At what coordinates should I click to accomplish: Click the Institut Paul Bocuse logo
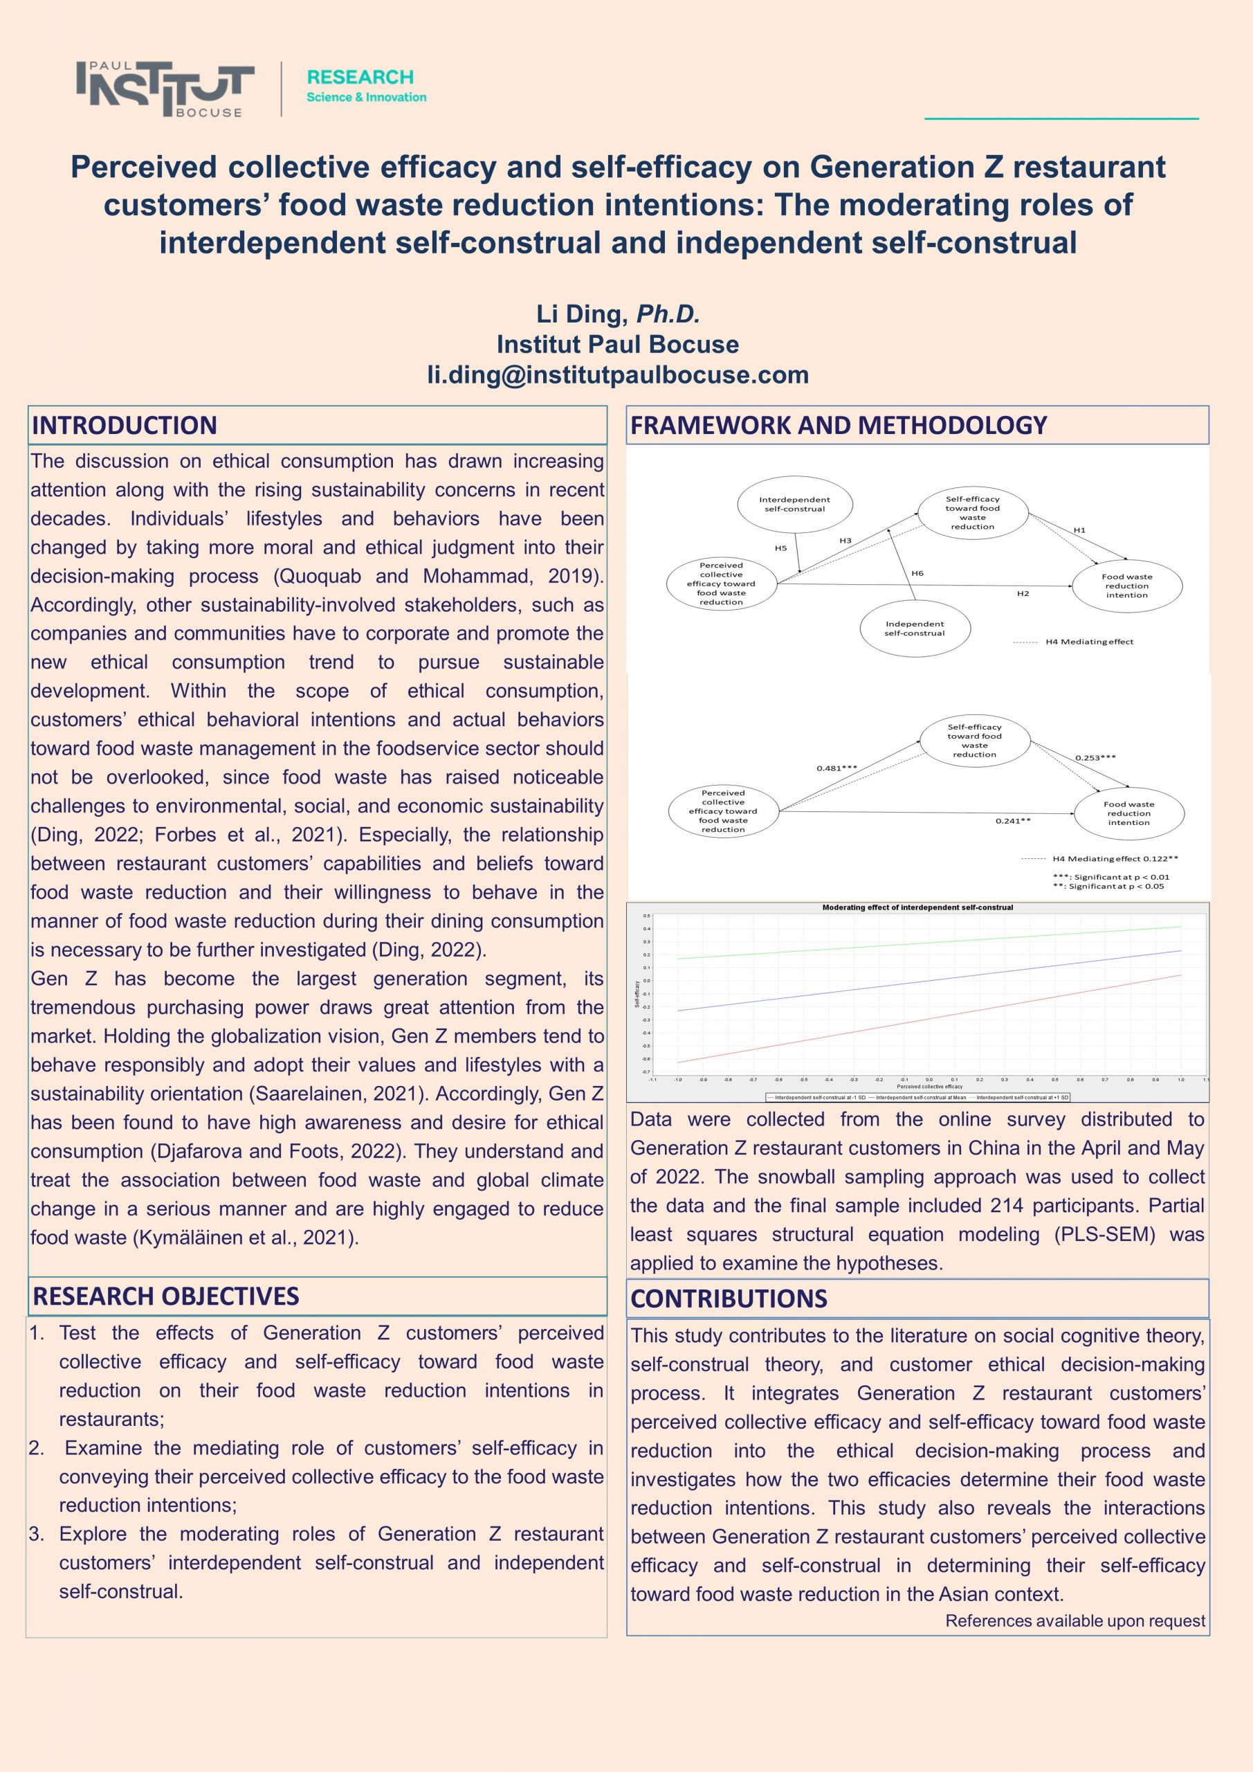point(165,89)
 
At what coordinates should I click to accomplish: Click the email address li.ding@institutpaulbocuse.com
point(618,375)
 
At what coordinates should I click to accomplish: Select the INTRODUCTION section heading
point(125,425)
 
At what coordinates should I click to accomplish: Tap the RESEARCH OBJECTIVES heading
point(165,1296)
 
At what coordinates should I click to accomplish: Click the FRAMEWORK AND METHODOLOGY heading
point(839,425)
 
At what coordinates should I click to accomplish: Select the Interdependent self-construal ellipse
point(795,505)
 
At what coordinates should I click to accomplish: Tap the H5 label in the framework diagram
point(781,548)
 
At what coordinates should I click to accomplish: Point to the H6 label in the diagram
point(917,573)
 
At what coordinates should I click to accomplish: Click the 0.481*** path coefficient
point(836,768)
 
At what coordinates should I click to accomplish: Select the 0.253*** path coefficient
point(1096,758)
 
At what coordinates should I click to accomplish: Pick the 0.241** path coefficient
point(1013,820)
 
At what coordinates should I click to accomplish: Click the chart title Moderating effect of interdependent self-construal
point(917,907)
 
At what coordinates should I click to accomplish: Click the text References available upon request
point(1074,1620)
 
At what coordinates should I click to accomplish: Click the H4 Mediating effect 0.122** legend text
point(1115,858)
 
